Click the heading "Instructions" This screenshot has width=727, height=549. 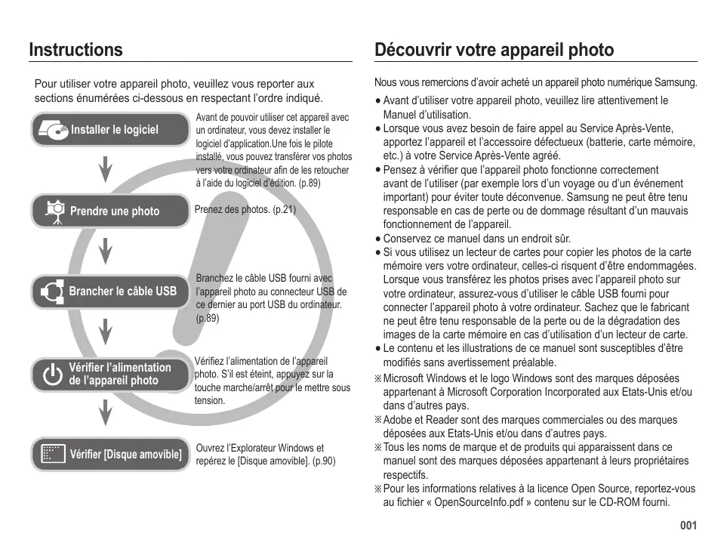point(75,50)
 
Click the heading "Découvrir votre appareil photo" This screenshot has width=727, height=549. point(494,50)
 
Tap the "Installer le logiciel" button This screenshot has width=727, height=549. point(110,130)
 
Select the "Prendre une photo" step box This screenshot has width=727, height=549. point(110,211)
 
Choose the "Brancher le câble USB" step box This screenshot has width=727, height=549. point(110,291)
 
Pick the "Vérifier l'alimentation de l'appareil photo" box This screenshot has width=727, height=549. point(110,374)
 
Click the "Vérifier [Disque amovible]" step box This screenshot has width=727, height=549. point(110,455)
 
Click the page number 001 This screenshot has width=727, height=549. point(687,526)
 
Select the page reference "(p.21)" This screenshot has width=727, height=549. point(283,210)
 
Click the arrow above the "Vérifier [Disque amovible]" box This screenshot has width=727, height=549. point(106,412)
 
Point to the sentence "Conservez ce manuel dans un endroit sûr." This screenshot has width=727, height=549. point(476,238)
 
